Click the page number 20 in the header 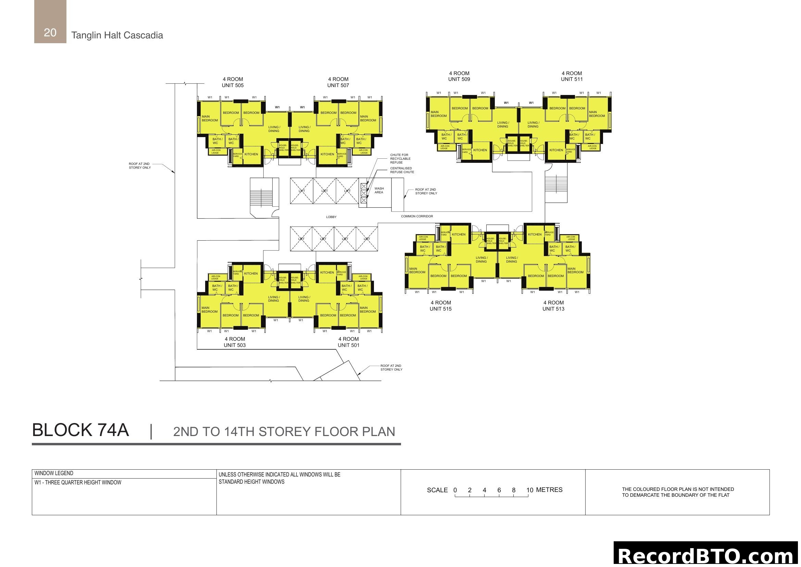click(x=50, y=33)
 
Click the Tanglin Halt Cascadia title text click(x=117, y=35)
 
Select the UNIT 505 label click(x=233, y=85)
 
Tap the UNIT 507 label click(x=338, y=85)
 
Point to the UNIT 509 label click(x=459, y=79)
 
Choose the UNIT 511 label click(x=572, y=79)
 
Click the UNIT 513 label click(x=553, y=309)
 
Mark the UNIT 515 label click(x=440, y=309)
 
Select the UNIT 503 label click(x=235, y=345)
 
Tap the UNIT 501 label click(x=348, y=345)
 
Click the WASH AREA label click(x=379, y=190)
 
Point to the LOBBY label click(x=331, y=217)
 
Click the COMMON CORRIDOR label click(x=416, y=216)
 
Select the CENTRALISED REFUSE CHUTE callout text click(x=402, y=170)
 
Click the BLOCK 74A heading click(x=80, y=430)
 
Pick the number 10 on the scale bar click(x=529, y=490)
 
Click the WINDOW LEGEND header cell click(x=54, y=473)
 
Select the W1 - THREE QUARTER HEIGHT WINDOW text click(x=78, y=483)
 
